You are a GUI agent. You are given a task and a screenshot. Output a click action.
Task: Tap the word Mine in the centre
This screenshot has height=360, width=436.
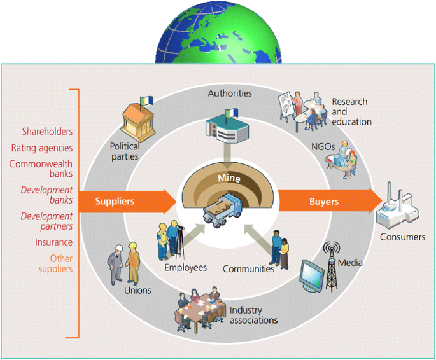pyautogui.click(x=229, y=179)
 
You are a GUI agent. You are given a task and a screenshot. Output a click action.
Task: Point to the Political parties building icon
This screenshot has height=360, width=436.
pyautogui.click(x=139, y=118)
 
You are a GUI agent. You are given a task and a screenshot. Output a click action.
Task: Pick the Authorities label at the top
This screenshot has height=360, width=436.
pyautogui.click(x=230, y=93)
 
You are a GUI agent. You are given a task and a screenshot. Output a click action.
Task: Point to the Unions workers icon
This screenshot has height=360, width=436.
pyautogui.click(x=124, y=261)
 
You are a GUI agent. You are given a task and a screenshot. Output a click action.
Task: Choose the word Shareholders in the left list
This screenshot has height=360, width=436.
pyautogui.click(x=47, y=132)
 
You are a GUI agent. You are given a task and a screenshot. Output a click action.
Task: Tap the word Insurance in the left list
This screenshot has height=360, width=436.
pyautogui.click(x=54, y=242)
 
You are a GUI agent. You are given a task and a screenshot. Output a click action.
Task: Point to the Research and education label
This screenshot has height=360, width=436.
pyautogui.click(x=351, y=111)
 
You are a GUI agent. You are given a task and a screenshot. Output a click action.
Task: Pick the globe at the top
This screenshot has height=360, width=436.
pyautogui.click(x=218, y=32)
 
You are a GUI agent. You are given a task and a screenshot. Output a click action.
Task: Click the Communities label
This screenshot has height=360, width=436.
pyautogui.click(x=248, y=269)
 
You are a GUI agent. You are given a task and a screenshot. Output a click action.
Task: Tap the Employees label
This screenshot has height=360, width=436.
pyautogui.click(x=185, y=268)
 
